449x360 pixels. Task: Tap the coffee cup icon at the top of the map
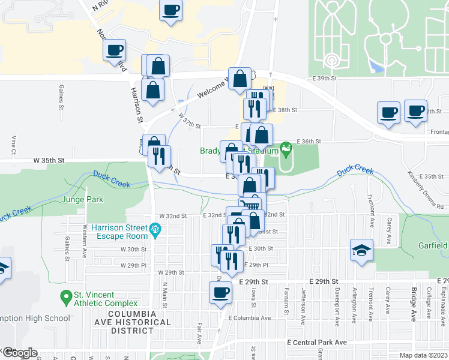click(x=171, y=10)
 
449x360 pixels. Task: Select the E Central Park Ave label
click(x=317, y=342)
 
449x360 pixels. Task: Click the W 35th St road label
click(x=49, y=161)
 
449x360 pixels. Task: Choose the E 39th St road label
click(x=325, y=79)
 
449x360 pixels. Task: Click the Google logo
click(x=19, y=353)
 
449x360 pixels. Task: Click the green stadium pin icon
click(x=286, y=146)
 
